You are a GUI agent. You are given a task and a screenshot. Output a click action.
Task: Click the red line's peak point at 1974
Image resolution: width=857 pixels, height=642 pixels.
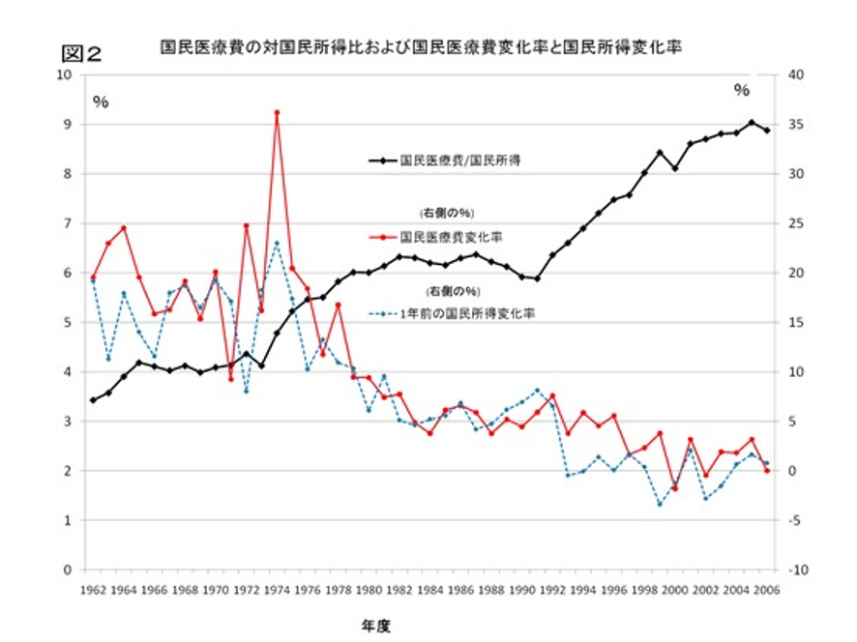[277, 112]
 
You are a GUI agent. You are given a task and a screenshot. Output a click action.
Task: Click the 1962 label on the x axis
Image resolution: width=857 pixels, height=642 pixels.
[93, 589]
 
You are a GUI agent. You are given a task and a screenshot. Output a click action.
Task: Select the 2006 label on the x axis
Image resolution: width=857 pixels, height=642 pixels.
[767, 589]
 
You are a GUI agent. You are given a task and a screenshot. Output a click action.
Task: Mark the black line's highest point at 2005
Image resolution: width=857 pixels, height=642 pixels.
[752, 123]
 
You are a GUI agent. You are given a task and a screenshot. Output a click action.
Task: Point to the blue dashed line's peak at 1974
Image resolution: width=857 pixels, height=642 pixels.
[277, 244]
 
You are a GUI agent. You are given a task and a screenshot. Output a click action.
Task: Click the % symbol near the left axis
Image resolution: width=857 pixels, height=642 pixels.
[101, 102]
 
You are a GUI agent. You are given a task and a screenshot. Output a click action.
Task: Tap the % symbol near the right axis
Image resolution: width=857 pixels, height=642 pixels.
[742, 90]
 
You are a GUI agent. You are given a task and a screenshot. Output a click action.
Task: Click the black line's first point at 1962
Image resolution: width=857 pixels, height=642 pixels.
[93, 400]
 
